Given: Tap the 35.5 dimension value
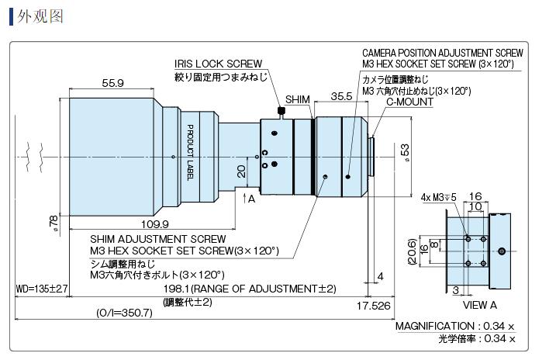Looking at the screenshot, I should [341, 96].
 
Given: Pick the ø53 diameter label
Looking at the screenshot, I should [404, 151].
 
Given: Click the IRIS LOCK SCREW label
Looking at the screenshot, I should [218, 64].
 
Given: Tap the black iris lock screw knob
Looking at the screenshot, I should [281, 112].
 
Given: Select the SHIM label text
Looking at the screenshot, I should [297, 100].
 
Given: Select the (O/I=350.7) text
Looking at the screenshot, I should [126, 313].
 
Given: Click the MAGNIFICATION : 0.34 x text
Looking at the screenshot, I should [456, 326].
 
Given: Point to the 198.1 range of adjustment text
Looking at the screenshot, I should [249, 289].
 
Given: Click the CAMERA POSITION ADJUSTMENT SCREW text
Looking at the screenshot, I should [442, 53].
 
